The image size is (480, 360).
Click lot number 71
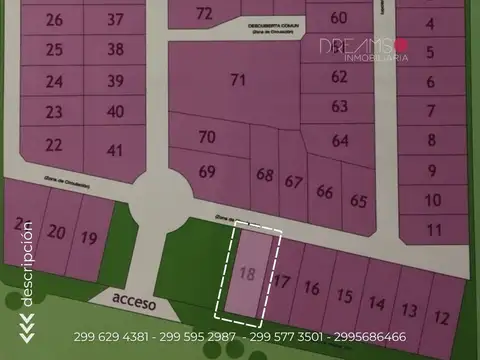point(238,79)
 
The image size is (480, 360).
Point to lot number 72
point(204,13)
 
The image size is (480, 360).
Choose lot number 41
point(116,150)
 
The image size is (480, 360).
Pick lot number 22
point(53,145)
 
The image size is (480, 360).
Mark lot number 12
point(440,318)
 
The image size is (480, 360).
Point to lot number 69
point(207,171)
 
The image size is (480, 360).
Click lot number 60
point(338,17)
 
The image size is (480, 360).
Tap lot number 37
point(116,19)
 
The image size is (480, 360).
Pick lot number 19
point(89,238)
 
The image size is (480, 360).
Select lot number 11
point(432,229)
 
